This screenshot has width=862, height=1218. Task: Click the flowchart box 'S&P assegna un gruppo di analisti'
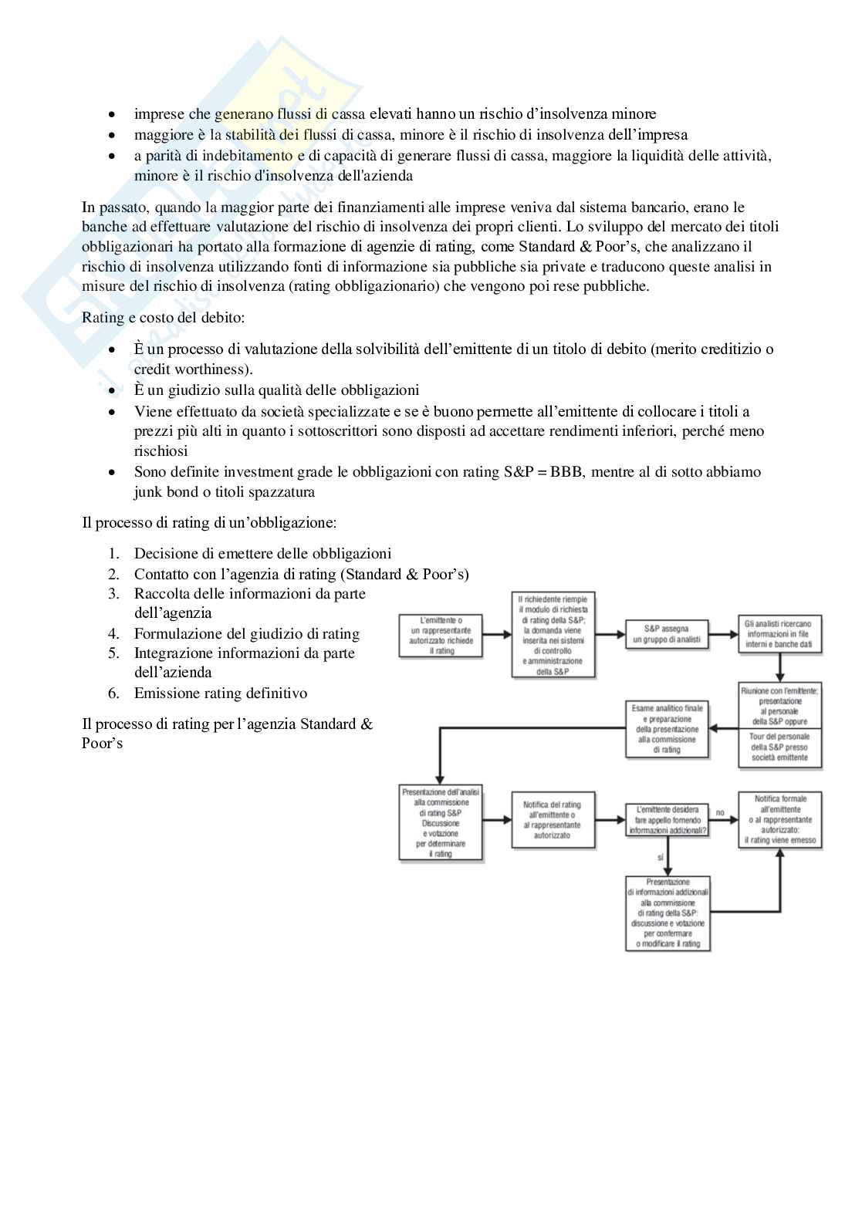pyautogui.click(x=666, y=634)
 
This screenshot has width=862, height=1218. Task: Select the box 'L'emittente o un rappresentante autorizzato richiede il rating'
pyautogui.click(x=441, y=635)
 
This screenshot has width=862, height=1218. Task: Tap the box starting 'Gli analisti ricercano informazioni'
pyautogui.click(x=779, y=634)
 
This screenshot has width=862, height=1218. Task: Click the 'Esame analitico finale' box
pyautogui.click(x=667, y=729)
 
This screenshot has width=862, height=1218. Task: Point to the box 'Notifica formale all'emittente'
pyautogui.click(x=779, y=820)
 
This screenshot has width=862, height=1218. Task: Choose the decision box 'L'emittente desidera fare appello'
pyautogui.click(x=667, y=820)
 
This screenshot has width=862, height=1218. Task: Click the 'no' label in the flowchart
pyautogui.click(x=721, y=812)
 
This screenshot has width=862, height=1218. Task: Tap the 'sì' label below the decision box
pyautogui.click(x=661, y=857)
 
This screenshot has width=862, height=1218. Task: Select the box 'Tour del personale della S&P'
pyautogui.click(x=779, y=747)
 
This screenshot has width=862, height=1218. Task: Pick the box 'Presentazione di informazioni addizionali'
pyautogui.click(x=668, y=913)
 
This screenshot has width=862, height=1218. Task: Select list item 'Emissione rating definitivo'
pyautogui.click(x=220, y=693)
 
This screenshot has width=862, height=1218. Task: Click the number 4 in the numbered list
pyautogui.click(x=113, y=634)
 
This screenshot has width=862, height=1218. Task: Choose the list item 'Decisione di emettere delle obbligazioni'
pyautogui.click(x=262, y=554)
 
